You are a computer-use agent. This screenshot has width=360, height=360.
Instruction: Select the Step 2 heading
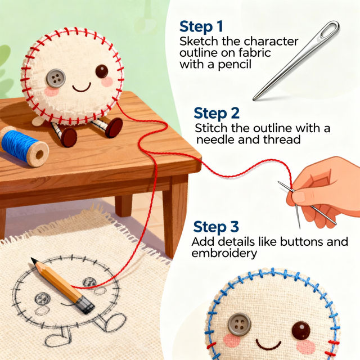pyautogui.click(x=215, y=112)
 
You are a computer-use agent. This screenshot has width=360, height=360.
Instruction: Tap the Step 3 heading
pyautogui.click(x=215, y=227)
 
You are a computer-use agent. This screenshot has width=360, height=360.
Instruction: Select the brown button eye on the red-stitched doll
pyautogui.click(x=102, y=71)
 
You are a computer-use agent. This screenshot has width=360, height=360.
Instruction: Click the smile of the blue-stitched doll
pyautogui.click(x=268, y=344)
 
